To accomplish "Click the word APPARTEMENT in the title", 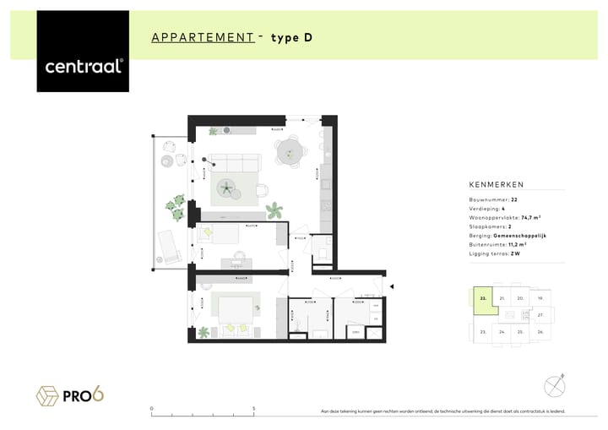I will coord(203,37).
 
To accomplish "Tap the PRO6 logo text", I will coord(88,395).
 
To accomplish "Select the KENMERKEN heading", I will coord(497,184).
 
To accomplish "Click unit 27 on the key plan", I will coord(540,314).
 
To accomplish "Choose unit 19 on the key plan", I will coord(540,298).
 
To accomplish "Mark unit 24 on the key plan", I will coord(502,332).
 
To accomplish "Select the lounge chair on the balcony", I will coord(166,247).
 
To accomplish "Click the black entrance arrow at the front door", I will coord(390,289).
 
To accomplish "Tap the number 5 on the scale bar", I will coord(254,409).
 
